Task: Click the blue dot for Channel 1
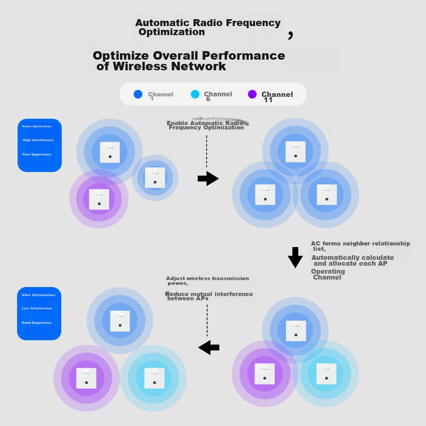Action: (x=138, y=94)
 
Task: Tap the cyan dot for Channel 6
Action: (x=195, y=94)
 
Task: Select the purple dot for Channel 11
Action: (x=252, y=94)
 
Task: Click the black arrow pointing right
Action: (x=208, y=179)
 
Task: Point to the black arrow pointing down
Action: (x=295, y=257)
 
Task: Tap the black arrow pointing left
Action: (x=209, y=348)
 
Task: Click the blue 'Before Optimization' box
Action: (x=39, y=145)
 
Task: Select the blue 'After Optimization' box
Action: (x=39, y=314)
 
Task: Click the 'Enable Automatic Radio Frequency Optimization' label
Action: (x=206, y=125)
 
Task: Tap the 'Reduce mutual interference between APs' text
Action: (x=209, y=296)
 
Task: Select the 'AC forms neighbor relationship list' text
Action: (x=361, y=245)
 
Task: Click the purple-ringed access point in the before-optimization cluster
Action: (x=99, y=199)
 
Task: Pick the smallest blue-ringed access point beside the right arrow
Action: (x=155, y=177)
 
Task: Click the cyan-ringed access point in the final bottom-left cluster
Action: (x=154, y=378)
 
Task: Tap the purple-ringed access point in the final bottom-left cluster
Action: (x=86, y=378)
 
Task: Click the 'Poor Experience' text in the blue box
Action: (x=37, y=154)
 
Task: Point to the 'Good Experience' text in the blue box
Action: (x=37, y=323)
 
